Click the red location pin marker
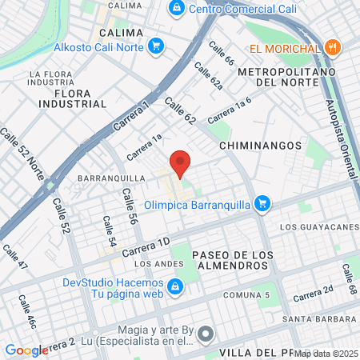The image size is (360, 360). point(180,162)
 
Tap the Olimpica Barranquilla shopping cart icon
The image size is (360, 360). point(261,204)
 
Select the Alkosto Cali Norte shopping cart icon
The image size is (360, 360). point(156,46)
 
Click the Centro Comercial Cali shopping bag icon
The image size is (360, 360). point(175,10)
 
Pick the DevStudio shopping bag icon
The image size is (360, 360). point(174,285)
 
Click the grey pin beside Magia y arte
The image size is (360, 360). point(206,334)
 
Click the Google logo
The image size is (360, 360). point(26,350)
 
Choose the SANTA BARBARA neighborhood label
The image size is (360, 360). point(324,318)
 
